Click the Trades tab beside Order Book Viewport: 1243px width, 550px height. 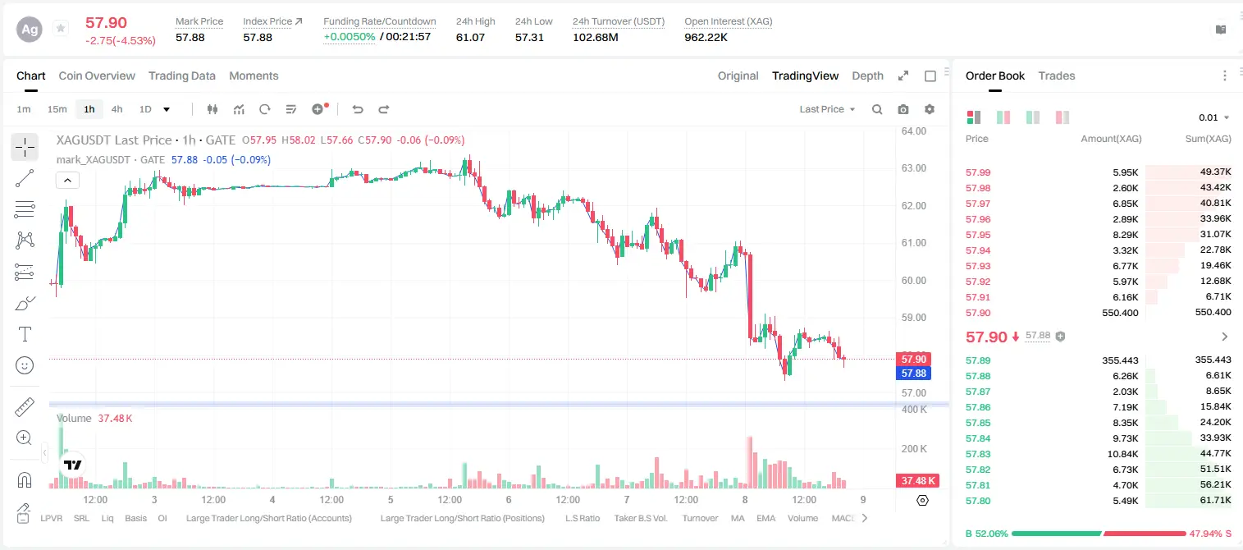point(1057,76)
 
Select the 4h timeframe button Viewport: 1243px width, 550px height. point(117,109)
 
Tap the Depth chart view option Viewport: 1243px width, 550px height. point(867,76)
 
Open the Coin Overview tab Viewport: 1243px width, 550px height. point(97,76)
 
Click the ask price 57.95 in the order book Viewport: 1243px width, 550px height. point(978,235)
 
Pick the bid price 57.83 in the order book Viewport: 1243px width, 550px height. point(978,453)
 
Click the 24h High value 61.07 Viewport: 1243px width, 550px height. point(470,37)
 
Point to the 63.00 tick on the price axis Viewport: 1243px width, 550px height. point(913,168)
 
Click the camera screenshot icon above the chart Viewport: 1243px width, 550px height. point(903,109)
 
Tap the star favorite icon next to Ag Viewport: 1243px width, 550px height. point(61,28)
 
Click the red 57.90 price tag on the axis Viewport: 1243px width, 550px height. point(913,359)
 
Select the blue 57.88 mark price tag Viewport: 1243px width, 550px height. point(913,374)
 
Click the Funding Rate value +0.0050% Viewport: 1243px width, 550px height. point(349,37)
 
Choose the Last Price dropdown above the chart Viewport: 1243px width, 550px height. point(827,109)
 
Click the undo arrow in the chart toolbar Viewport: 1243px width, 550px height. point(358,109)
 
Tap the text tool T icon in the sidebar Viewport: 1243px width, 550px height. point(25,334)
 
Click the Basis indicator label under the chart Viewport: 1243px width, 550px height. point(135,518)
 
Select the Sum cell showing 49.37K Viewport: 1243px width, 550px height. point(1215,172)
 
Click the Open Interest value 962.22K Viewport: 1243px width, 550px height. point(706,37)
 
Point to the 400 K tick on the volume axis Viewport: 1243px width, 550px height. point(914,410)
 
